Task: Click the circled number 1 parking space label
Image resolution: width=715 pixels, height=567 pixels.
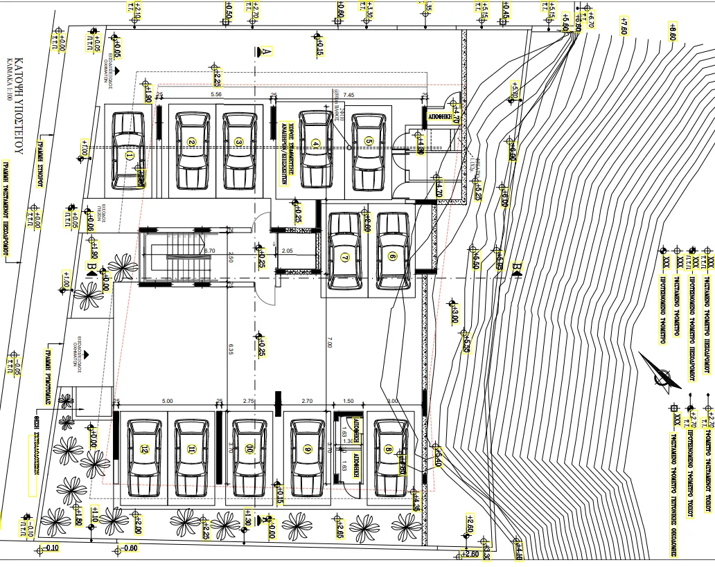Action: coord(129,156)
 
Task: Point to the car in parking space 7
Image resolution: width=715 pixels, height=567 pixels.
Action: coord(344,252)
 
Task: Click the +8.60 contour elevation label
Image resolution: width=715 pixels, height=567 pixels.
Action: coord(671,32)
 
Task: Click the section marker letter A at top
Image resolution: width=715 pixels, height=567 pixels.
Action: coord(265,51)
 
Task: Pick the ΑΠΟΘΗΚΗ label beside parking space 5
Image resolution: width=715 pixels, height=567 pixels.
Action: coord(441,118)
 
